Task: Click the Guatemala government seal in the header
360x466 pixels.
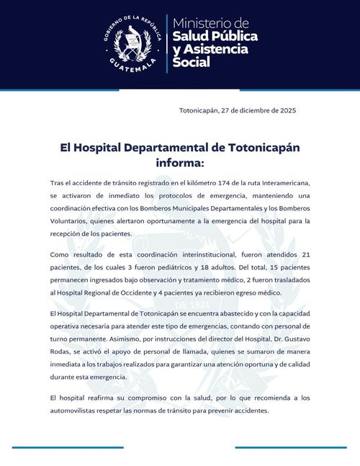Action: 130,42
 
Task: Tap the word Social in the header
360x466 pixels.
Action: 192,63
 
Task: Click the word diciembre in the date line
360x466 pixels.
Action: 254,110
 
